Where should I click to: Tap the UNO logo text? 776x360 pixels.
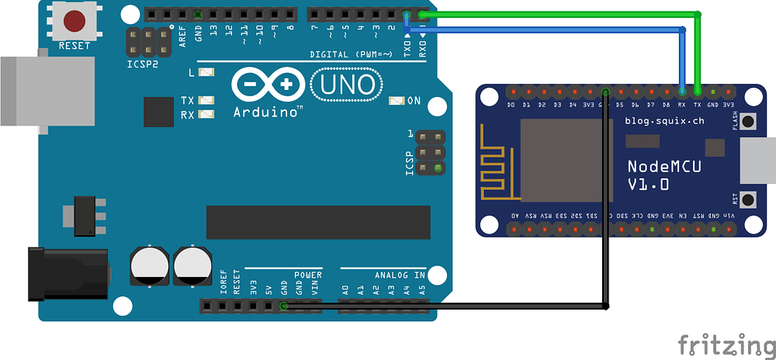(346, 83)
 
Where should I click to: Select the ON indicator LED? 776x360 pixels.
(398, 101)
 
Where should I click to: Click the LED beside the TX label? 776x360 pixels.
(206, 101)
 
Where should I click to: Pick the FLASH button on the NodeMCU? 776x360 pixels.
(749, 122)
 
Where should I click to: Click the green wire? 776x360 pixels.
(559, 13)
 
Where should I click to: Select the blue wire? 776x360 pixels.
(559, 29)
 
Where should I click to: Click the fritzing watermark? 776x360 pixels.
(726, 344)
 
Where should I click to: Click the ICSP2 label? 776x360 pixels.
(142, 64)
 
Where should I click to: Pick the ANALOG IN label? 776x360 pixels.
(400, 275)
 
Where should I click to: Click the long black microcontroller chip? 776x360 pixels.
(318, 222)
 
